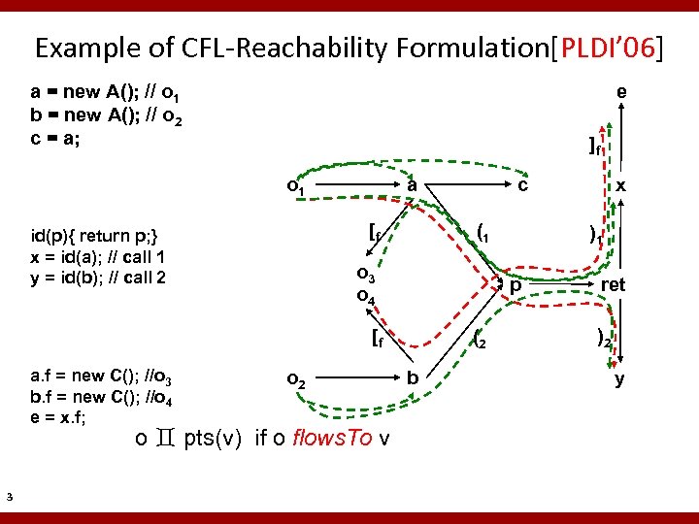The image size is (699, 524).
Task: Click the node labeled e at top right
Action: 620,92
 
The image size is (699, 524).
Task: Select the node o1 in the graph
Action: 294,185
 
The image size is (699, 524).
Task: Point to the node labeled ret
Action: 613,285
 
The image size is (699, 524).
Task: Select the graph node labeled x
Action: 619,185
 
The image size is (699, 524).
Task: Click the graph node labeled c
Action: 522,184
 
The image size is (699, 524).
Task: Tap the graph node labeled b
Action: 413,377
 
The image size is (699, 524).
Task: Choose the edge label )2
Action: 603,340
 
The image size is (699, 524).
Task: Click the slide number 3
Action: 9,498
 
